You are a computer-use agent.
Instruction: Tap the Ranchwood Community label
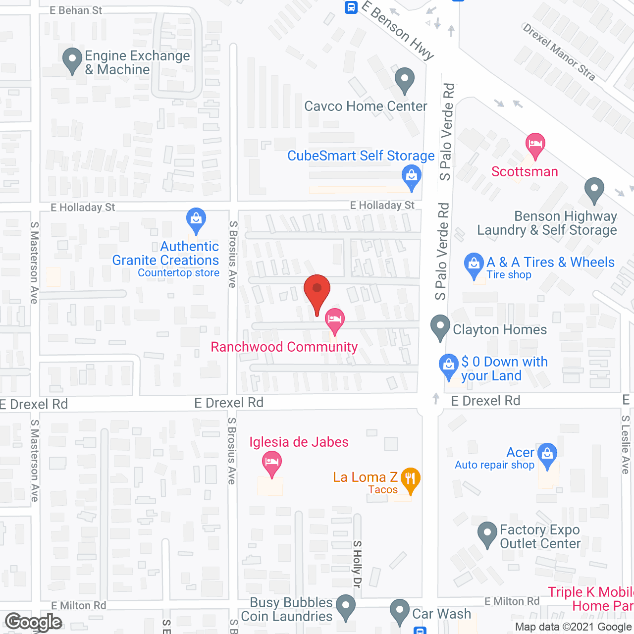284,347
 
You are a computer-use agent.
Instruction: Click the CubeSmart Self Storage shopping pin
411,177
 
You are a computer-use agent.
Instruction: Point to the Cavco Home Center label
366,106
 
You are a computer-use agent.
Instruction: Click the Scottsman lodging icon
535,145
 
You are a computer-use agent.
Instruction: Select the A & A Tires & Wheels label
550,262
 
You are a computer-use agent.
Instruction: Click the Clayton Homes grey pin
440,327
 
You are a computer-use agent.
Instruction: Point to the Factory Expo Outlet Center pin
487,534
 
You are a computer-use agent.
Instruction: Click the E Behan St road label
76,10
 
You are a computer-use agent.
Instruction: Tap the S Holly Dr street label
357,564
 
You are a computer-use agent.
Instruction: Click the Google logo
34,622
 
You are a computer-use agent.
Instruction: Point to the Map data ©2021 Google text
573,627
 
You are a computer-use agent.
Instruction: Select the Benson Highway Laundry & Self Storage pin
594,190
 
